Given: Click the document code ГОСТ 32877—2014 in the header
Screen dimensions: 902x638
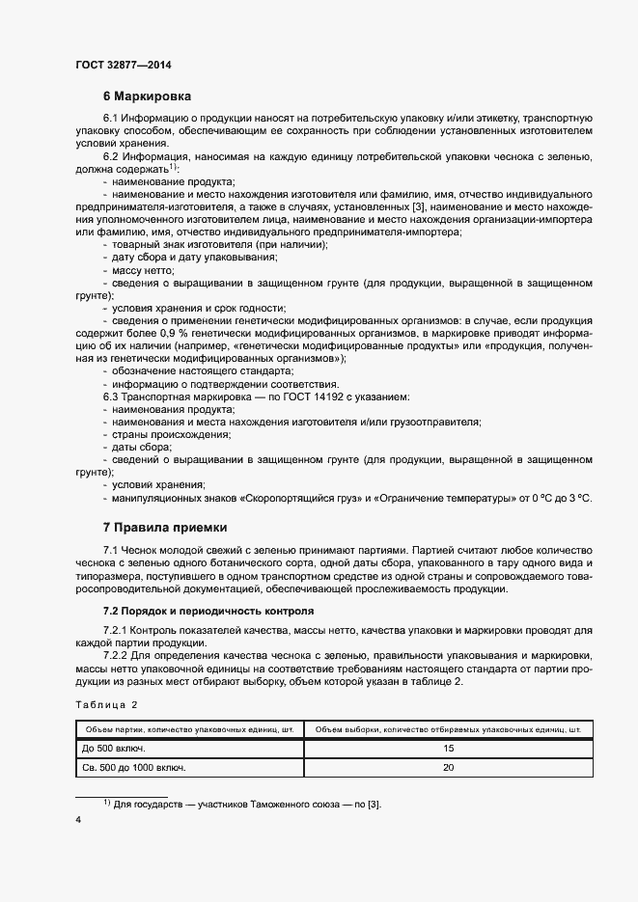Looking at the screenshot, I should pos(124,66).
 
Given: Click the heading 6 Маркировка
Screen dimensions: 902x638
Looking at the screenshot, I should pos(147,96).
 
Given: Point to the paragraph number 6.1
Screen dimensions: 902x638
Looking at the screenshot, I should pos(110,118).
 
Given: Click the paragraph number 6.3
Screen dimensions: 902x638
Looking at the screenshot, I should pos(110,396).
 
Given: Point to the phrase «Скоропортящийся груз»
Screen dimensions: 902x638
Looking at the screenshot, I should pos(307,497).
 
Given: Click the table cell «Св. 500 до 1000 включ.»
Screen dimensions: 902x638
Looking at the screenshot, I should pos(136,768).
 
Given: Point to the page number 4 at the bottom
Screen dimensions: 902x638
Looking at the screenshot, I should pos(77,820).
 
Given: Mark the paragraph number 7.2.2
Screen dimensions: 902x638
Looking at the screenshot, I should pos(116,656).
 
